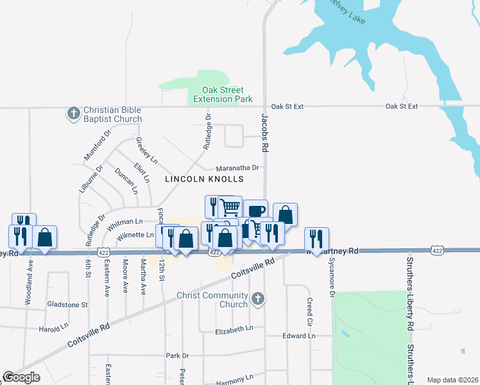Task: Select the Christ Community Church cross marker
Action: point(257,298)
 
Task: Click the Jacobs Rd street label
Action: point(264,133)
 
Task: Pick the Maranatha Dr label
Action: point(237,168)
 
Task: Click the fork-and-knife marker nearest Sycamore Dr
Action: point(316,238)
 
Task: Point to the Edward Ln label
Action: point(299,336)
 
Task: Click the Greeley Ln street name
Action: point(142,151)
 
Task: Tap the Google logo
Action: point(21,377)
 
